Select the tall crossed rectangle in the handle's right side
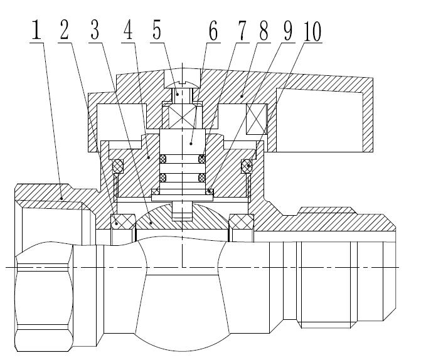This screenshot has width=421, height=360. pos(257,119)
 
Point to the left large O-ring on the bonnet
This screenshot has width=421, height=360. pos(117,166)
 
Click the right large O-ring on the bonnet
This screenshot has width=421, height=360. pos(247,166)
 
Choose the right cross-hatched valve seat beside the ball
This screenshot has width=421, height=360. pos(240,221)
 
